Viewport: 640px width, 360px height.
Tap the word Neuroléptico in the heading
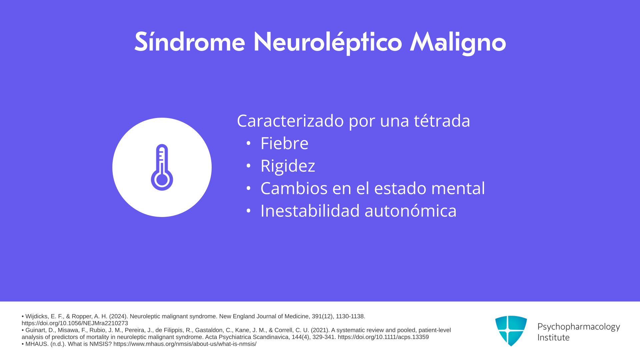coord(328,43)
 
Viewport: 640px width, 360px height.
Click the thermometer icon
coord(162,167)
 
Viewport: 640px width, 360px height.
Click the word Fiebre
coord(284,143)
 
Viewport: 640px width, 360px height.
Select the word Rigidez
coord(288,166)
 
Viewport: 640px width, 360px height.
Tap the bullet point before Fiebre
coord(248,143)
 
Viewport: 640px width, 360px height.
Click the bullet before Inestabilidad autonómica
coord(248,211)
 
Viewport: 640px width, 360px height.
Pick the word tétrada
coord(442,120)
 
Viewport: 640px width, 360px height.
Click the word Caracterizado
coord(290,120)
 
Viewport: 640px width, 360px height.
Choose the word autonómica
coord(411,211)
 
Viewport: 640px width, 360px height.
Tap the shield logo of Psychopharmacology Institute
coord(511,331)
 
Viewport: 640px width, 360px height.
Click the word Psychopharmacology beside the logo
coord(579,327)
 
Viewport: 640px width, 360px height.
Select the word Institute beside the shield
coord(553,337)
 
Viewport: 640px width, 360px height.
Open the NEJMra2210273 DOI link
coord(75,323)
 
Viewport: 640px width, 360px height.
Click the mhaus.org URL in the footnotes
coord(185,344)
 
